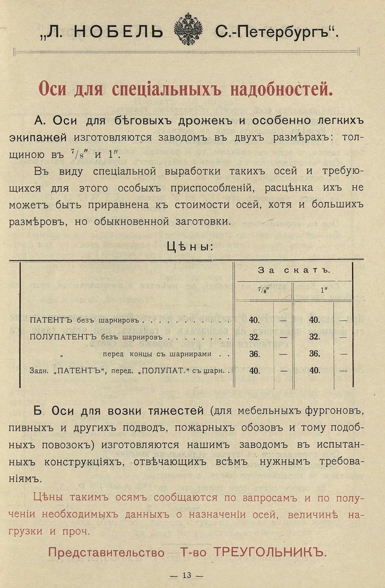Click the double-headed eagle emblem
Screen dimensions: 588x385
pyautogui.click(x=188, y=30)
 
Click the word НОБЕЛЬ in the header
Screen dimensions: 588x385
pyautogui.click(x=118, y=32)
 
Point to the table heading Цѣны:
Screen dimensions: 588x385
pyautogui.click(x=190, y=246)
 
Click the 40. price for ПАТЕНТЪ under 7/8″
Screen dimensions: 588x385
pyautogui.click(x=254, y=319)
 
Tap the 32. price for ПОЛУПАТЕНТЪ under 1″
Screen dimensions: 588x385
pyautogui.click(x=314, y=336)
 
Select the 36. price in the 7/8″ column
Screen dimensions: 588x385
pyautogui.click(x=254, y=354)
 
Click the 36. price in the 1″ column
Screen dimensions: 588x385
pyautogui.click(x=314, y=354)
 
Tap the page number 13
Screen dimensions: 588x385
pyautogui.click(x=186, y=575)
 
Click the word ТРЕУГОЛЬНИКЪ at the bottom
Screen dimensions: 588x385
pyautogui.click(x=268, y=552)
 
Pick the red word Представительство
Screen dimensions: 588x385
pyautogui.click(x=106, y=552)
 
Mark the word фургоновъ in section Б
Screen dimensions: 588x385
pyautogui.click(x=332, y=411)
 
